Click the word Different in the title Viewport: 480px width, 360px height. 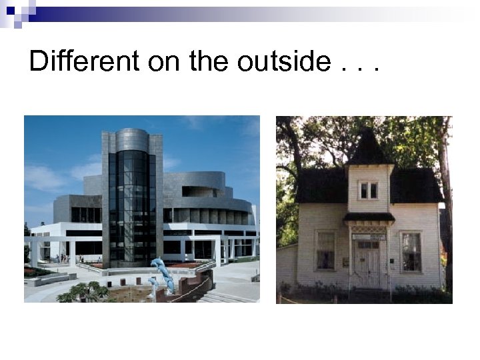[85, 61]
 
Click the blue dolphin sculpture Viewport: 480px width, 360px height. [163, 274]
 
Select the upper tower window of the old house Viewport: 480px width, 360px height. [368, 190]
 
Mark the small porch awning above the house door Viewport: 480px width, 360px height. [369, 217]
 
